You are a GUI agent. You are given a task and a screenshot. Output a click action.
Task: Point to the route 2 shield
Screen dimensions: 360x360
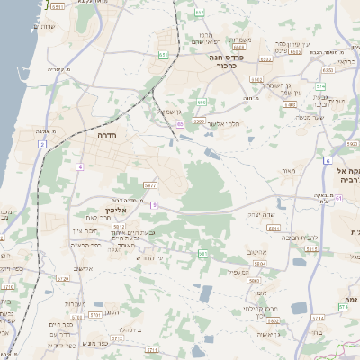click(41, 144)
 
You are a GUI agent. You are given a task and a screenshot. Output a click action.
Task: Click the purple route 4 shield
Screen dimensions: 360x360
click(79, 166)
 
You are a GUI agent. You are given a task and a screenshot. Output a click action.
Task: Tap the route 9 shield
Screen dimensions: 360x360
click(154, 205)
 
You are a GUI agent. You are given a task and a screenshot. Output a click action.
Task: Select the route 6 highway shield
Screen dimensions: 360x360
click(328, 159)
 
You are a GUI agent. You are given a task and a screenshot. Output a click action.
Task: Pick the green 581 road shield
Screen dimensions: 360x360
click(202, 255)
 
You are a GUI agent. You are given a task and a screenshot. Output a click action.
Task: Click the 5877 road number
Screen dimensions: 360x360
click(149, 184)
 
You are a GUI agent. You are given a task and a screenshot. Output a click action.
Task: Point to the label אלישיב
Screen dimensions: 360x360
click(84, 267)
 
